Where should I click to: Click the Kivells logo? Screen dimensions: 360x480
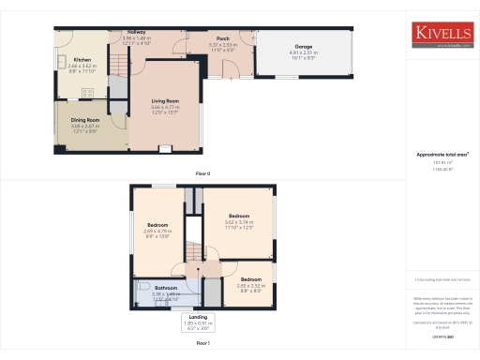coord(443,36)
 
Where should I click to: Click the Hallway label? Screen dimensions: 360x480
coord(130,32)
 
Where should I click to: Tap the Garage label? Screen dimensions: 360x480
coord(303,46)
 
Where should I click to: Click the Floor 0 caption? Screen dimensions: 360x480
coord(202,174)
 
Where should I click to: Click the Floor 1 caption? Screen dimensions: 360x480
coord(202,345)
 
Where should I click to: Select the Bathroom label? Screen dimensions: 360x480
coord(166,287)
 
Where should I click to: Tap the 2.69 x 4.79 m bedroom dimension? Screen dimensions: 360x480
coord(157,233)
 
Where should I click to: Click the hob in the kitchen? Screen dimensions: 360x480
coord(87,91)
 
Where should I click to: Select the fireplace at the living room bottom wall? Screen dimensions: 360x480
coord(165,148)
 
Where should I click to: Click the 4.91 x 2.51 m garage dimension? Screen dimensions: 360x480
coord(303,54)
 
